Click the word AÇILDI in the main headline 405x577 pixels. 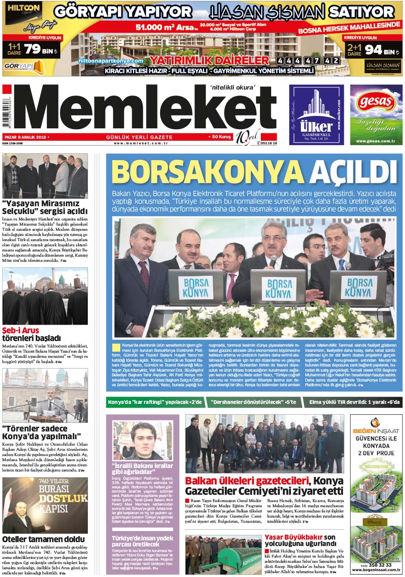point(349,172)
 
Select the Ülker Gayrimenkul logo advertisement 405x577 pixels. point(316,115)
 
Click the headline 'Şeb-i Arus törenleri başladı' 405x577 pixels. point(32,335)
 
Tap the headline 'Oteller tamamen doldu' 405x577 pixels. point(44,539)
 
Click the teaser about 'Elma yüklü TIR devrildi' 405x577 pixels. point(354,403)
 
